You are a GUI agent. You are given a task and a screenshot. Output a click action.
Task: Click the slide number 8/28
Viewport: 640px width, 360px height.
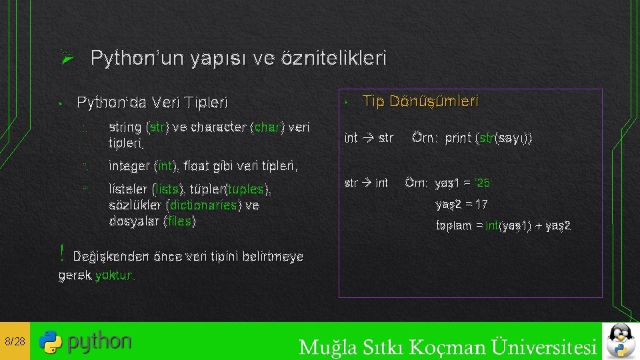coord(14,342)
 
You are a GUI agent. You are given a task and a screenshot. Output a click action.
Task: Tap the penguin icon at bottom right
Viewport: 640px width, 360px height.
coord(621,341)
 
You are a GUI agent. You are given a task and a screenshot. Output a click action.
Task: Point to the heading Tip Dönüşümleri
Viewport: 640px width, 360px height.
coord(420,101)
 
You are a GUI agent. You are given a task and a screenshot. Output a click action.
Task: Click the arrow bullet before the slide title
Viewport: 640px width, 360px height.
coord(66,59)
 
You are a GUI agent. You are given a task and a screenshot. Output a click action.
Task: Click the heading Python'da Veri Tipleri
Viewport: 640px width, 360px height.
coord(152,103)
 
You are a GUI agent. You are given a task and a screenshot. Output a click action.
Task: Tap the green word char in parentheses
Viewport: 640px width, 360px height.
coord(267,127)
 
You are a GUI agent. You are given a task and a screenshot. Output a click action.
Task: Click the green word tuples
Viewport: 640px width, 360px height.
coord(247,189)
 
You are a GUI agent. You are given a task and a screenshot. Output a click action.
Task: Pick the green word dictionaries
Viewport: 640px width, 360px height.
coord(203,205)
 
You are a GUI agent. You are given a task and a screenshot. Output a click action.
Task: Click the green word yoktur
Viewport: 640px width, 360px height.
coord(114,275)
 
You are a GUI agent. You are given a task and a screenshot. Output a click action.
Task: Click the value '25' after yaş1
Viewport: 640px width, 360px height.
coord(485,183)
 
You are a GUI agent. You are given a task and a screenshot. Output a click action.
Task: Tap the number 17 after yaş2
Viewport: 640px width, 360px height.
coord(481,204)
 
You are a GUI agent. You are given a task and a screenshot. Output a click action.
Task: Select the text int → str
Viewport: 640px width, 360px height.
coord(369,138)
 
